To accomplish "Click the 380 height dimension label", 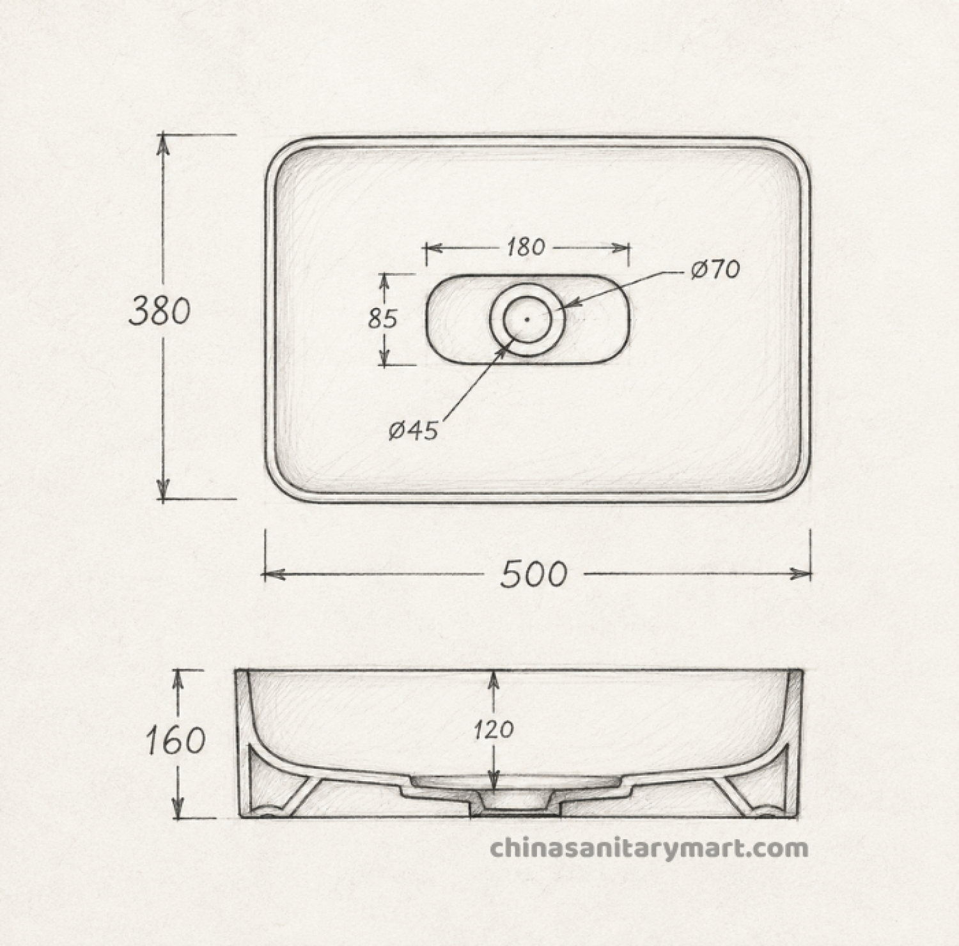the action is (160, 312).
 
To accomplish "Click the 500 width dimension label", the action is (533, 574).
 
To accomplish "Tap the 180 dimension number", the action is (526, 247).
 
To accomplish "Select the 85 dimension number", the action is (382, 318).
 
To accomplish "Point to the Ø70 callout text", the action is (715, 270).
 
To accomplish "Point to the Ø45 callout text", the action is (413, 431).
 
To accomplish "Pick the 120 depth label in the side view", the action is (494, 729).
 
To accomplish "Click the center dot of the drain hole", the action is (527, 318).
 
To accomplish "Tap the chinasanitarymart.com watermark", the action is (649, 849).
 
